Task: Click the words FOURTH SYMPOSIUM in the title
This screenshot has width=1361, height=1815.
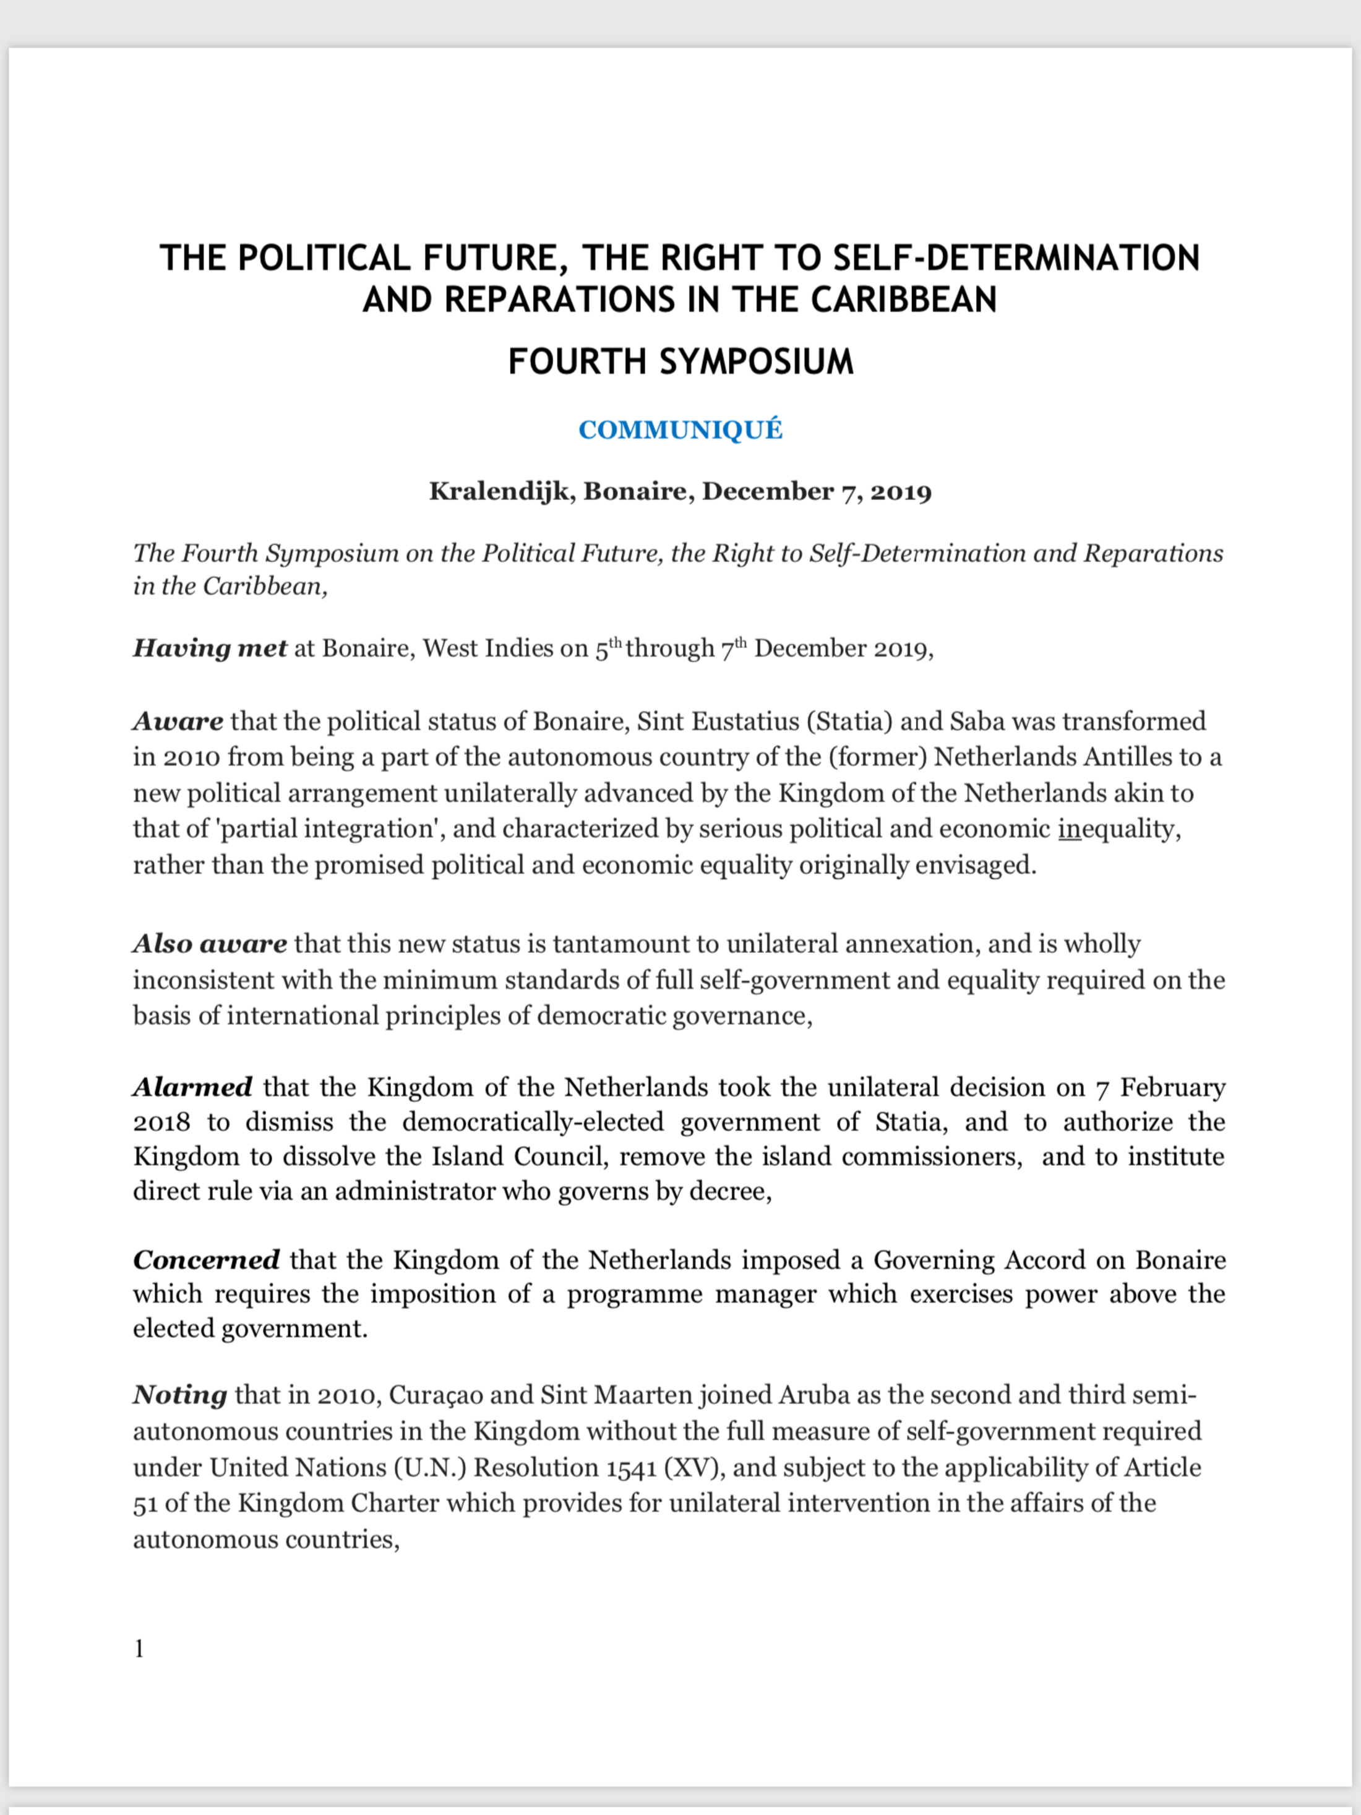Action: [680, 362]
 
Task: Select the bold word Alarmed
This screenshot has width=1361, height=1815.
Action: [192, 1087]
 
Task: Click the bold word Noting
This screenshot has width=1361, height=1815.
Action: [179, 1395]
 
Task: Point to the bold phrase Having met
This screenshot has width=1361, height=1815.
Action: [209, 649]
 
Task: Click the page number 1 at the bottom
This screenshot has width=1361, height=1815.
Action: [139, 1649]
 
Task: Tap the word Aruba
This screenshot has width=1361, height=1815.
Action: [809, 1395]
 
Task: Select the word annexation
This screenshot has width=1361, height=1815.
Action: [912, 944]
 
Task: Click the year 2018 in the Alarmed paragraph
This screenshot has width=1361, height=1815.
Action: [161, 1122]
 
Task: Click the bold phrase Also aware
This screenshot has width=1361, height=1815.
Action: [209, 944]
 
